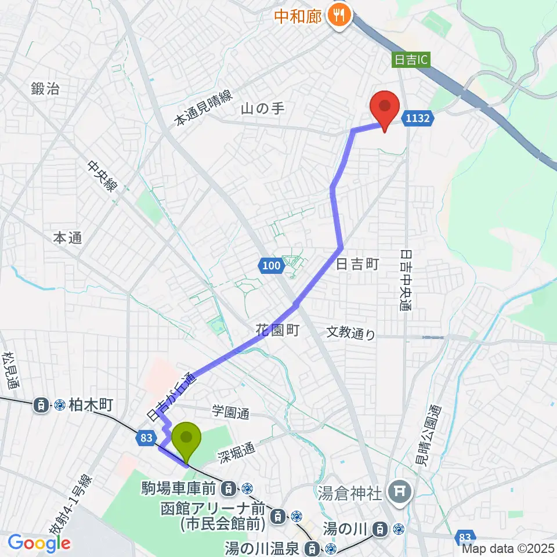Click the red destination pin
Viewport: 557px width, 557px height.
click(385, 106)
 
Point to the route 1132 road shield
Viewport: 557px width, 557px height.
click(418, 118)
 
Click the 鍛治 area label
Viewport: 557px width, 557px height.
click(45, 89)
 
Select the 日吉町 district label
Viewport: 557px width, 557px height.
click(357, 265)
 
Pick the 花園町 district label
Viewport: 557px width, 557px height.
click(277, 331)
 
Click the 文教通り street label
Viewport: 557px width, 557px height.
click(350, 333)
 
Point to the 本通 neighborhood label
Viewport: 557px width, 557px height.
click(67, 237)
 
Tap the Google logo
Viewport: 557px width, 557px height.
click(38, 543)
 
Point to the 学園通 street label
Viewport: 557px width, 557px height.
click(230, 414)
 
